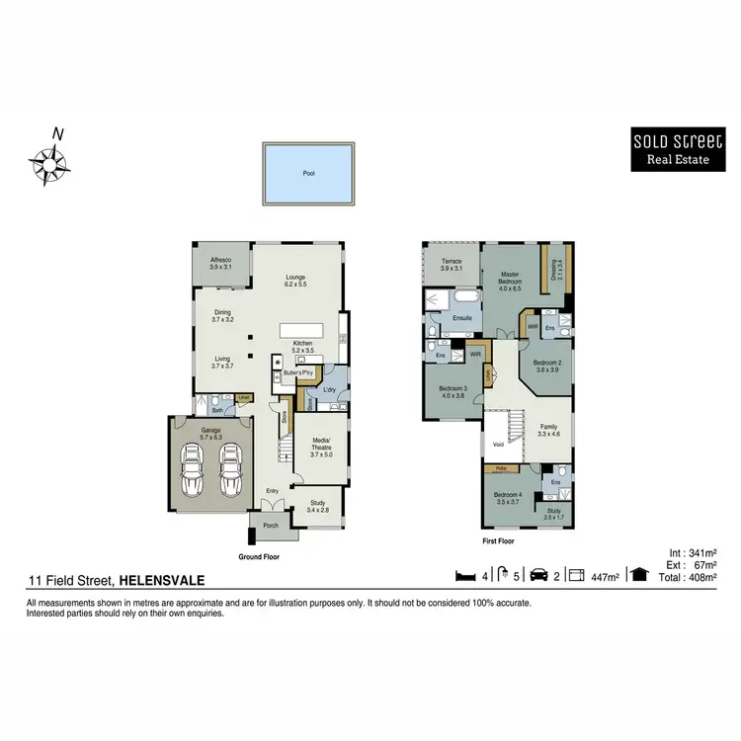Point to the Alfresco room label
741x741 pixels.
click(220, 264)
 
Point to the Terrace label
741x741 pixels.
click(452, 265)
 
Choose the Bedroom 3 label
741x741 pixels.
click(453, 391)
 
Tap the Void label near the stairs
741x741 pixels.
click(498, 445)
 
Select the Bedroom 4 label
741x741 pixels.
click(508, 497)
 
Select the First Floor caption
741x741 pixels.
click(496, 541)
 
